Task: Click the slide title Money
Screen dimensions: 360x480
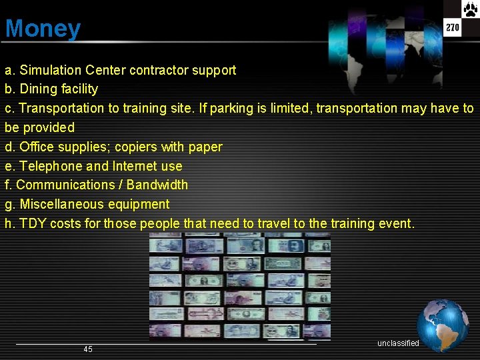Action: tap(43, 29)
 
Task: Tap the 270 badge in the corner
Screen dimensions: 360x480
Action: tap(453, 27)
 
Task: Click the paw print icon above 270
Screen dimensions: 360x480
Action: tap(471, 9)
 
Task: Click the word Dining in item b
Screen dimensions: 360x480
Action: tap(39, 89)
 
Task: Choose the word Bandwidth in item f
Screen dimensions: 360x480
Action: tap(157, 185)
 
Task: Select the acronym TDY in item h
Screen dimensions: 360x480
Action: tap(33, 223)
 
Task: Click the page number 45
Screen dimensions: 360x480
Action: tap(88, 349)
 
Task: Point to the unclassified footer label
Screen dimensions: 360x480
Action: tap(398, 343)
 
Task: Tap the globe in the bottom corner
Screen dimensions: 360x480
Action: tap(443, 325)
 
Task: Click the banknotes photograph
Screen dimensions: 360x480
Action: tap(239, 287)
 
